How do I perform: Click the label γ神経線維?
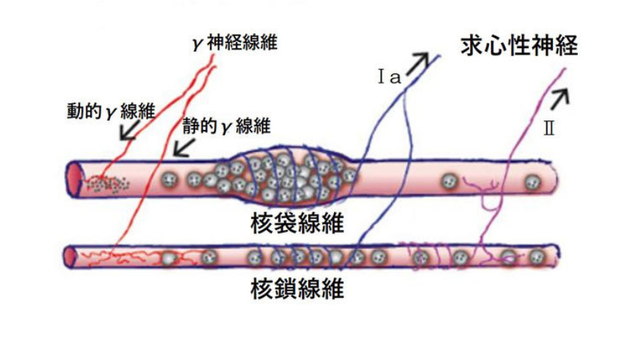point(234,42)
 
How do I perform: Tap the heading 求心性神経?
point(520,45)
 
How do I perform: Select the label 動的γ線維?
point(111,111)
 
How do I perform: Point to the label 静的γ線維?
point(227,126)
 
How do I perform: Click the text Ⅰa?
point(389,77)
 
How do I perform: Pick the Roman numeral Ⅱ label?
point(549,129)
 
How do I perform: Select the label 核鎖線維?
point(297,289)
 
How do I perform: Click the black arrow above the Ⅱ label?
point(559,100)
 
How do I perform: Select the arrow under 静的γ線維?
point(184,147)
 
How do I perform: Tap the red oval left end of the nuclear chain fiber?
point(71,257)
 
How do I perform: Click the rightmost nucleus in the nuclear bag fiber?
point(532,183)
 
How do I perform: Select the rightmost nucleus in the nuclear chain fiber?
point(537,257)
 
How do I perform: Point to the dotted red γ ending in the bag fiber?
point(107,183)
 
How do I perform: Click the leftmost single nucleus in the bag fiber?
point(169,179)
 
